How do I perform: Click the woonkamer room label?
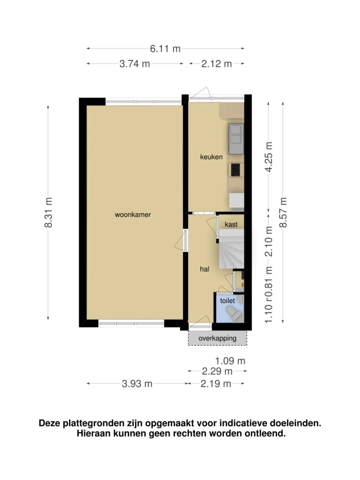click(x=133, y=214)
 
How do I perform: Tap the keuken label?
click(x=211, y=157)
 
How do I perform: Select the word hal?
click(x=204, y=269)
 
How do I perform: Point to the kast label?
click(x=231, y=224)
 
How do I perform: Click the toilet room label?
click(x=227, y=301)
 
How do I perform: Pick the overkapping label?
click(x=217, y=338)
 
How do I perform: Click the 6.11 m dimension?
click(x=165, y=48)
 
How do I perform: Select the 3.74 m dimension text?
click(x=135, y=64)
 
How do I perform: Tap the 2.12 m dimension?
click(x=216, y=64)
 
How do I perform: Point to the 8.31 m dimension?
click(x=48, y=212)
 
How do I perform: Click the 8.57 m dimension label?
click(x=283, y=212)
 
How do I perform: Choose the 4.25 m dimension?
click(x=269, y=157)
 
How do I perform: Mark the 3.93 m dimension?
click(x=137, y=384)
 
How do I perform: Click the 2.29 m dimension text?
click(x=217, y=371)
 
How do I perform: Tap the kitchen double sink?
click(x=236, y=139)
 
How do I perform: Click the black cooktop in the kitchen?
click(x=235, y=170)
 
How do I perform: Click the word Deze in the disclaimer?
click(x=49, y=423)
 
